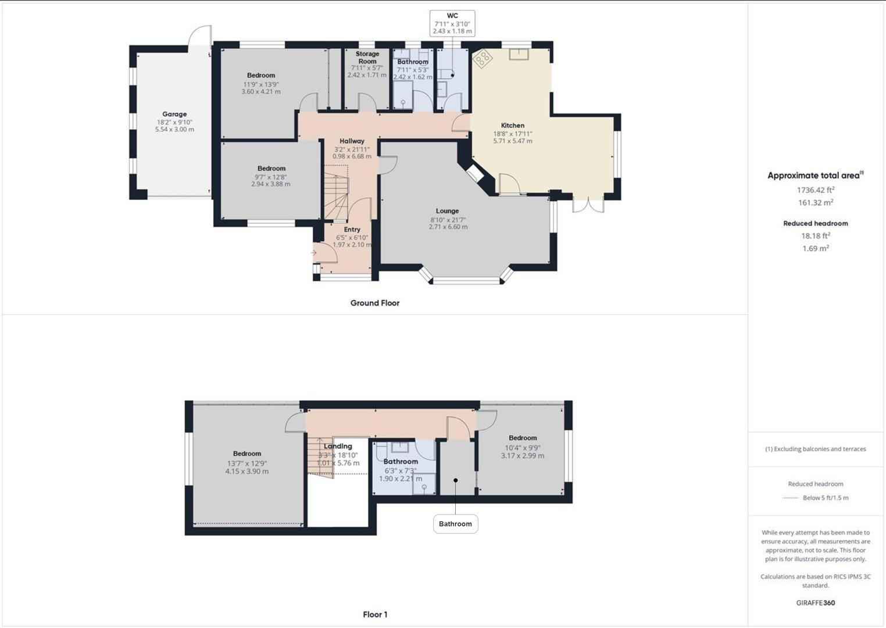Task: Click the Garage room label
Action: pos(174,115)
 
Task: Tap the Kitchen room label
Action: pos(512,126)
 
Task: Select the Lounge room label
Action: pos(447,211)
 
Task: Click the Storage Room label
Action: pos(367,58)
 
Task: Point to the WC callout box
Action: pos(452,23)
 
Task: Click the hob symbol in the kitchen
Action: pos(483,58)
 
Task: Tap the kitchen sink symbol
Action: pos(518,54)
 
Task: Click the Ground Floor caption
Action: pos(374,303)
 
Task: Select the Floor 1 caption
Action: pos(375,615)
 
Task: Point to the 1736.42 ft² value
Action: pos(815,190)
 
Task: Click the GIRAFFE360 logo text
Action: pos(815,603)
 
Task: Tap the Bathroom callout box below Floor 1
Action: pos(455,524)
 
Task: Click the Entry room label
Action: pos(352,230)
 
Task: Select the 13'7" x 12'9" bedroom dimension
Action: pos(246,463)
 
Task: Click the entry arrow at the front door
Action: pos(314,253)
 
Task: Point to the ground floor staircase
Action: pos(335,192)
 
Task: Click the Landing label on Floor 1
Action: pos(338,447)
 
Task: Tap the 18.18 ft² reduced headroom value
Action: pos(815,235)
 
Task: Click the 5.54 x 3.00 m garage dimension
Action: pos(174,130)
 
